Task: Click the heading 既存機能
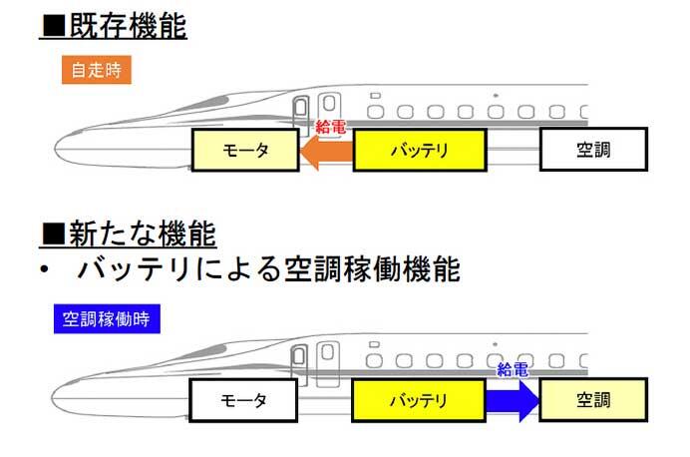[126, 26]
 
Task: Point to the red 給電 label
[331, 127]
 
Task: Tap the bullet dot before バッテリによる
[45, 271]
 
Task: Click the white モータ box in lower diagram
[244, 401]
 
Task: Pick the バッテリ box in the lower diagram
[419, 401]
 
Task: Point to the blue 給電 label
[512, 369]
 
